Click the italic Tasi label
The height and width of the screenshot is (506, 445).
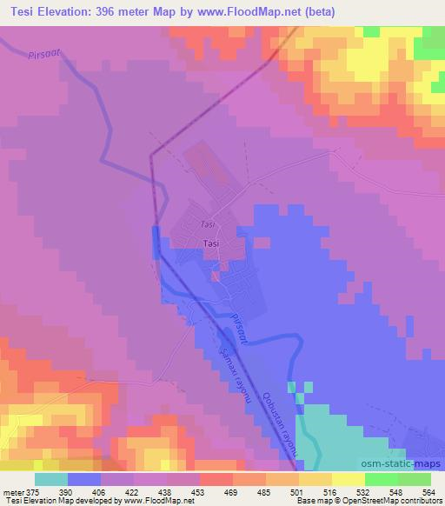click(x=207, y=224)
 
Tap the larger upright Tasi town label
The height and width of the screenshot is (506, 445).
click(x=209, y=244)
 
